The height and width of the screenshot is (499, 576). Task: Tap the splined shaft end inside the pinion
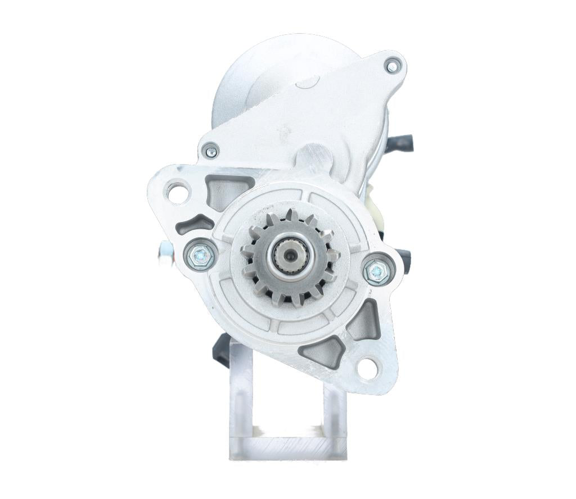point(289,257)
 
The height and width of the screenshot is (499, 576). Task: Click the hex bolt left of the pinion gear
point(200,256)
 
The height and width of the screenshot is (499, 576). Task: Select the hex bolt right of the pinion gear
point(376,271)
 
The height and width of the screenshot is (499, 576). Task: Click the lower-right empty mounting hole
point(367,368)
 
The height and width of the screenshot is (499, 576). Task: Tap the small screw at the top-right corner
point(391,66)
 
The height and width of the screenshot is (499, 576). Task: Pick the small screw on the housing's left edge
point(211,151)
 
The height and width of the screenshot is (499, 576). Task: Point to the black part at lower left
point(220,349)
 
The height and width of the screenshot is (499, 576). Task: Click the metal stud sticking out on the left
point(164,255)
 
